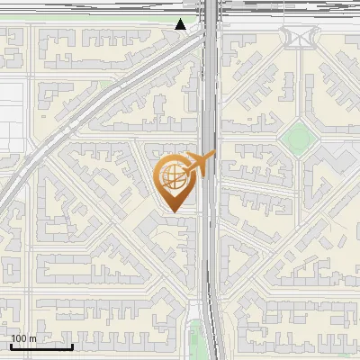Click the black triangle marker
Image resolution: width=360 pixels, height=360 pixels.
tap(181, 24)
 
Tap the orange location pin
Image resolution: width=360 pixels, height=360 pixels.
tap(175, 181)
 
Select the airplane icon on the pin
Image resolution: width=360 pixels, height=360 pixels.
tap(201, 163)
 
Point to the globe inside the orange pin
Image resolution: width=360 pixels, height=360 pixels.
tap(173, 175)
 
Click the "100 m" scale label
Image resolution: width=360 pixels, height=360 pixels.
tap(23, 338)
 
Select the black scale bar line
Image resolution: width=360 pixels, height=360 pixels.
tap(41, 346)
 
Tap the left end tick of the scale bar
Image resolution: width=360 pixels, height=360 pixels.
tap(11, 345)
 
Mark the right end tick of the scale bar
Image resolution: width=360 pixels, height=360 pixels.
tap(72, 345)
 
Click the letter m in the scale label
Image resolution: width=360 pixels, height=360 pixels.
tap(32, 338)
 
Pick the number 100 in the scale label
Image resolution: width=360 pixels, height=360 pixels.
tap(19, 338)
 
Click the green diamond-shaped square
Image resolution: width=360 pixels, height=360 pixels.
tap(295, 138)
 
